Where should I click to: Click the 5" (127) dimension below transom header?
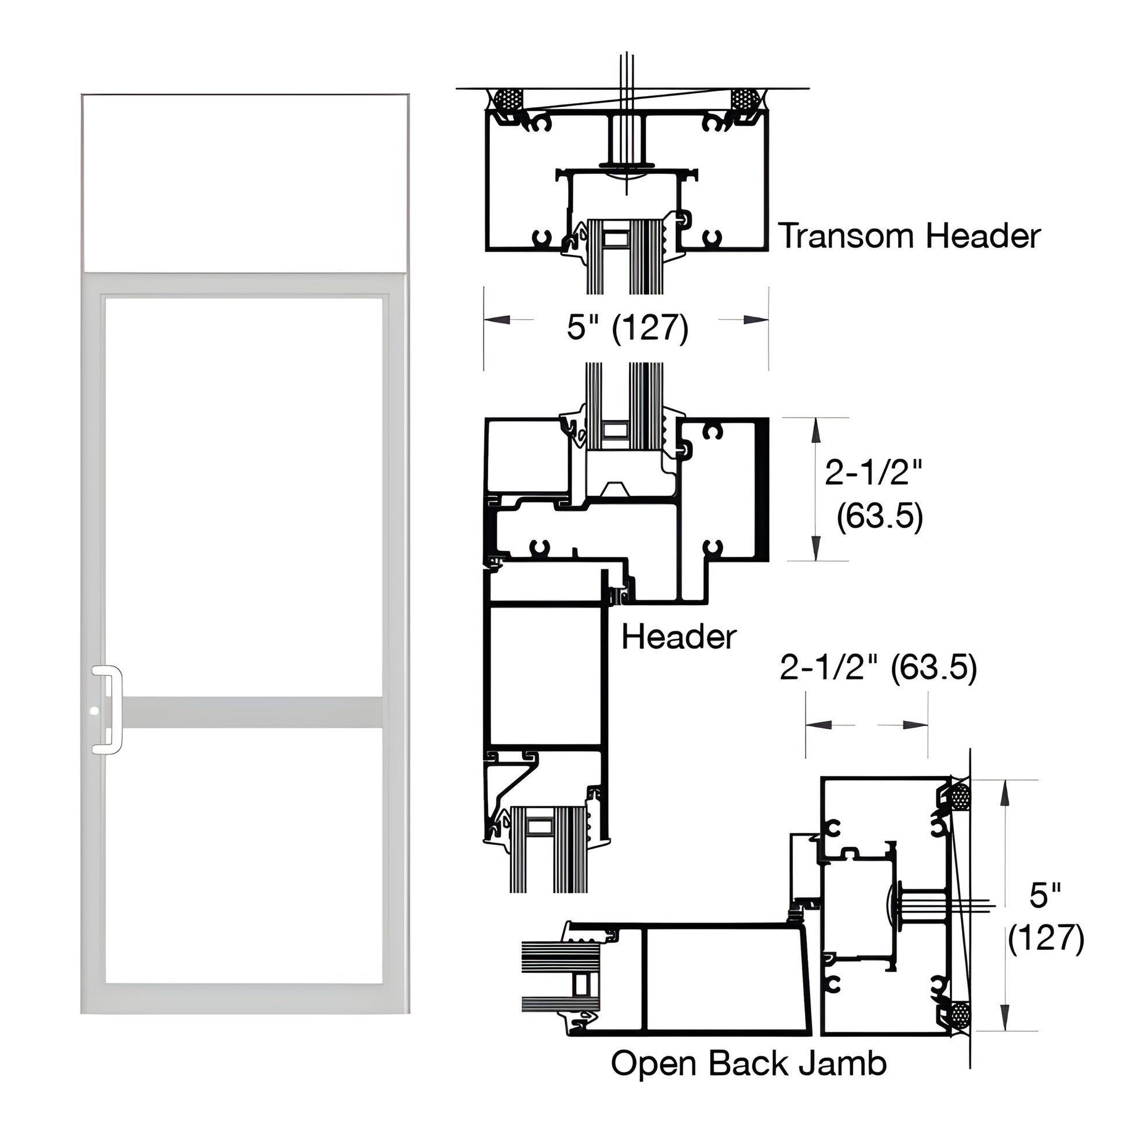point(628,327)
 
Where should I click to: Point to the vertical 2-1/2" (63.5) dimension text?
point(873,495)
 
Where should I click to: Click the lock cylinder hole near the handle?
point(94,712)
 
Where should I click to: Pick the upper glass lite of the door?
point(244,496)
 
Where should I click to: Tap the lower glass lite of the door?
point(244,855)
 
